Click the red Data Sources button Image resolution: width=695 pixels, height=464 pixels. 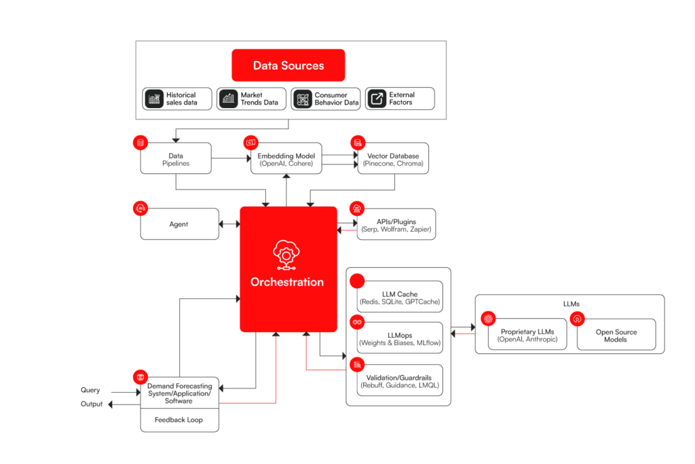[288, 65]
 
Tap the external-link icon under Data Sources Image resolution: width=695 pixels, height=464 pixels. [377, 99]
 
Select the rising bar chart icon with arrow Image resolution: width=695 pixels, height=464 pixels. [229, 99]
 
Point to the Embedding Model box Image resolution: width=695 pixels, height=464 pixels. [286, 158]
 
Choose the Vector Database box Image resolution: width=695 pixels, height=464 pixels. [393, 158]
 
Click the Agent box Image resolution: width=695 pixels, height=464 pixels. [179, 224]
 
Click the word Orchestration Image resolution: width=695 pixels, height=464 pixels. [287, 282]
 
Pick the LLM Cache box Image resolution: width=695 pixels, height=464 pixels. [400, 297]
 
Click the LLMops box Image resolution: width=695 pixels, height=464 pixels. [400, 338]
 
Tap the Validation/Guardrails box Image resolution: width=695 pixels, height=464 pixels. [400, 380]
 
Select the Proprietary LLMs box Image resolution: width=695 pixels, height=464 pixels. [527, 334]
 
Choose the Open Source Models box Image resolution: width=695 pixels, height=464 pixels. [616, 334]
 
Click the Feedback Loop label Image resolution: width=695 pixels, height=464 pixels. [179, 420]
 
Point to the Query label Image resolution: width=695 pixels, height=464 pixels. [90, 391]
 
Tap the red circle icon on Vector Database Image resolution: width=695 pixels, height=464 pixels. [357, 143]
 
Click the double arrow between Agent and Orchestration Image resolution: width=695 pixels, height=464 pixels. [229, 224]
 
